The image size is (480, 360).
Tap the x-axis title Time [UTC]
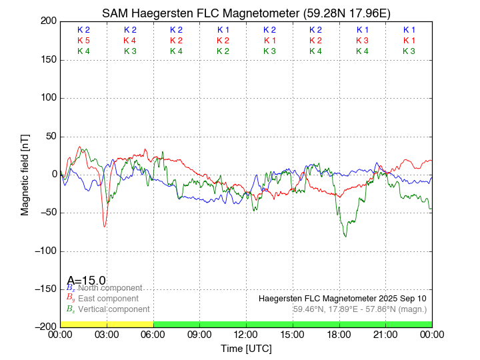point(246,349)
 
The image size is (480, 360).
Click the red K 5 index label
point(83,41)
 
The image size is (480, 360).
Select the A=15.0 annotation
point(86,281)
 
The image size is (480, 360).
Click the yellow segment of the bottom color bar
point(107,324)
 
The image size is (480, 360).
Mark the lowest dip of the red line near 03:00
point(105,227)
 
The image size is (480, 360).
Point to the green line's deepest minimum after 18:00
point(345,236)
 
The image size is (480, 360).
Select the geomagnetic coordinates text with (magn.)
point(359,309)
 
